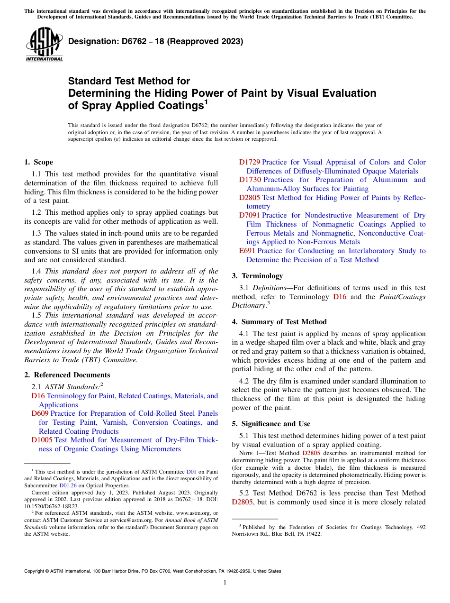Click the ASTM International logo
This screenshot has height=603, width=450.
44,45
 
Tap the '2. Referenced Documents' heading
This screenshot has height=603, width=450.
60,375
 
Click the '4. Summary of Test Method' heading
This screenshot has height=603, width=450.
279,322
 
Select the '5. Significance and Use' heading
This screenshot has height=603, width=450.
271,424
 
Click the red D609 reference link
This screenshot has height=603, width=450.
40,413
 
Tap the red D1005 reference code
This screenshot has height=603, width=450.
42,440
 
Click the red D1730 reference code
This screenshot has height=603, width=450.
250,180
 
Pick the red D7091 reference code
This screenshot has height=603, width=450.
250,215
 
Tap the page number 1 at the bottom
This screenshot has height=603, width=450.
225,583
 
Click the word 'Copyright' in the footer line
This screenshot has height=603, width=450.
36,571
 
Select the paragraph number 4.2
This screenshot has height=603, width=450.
244,381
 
